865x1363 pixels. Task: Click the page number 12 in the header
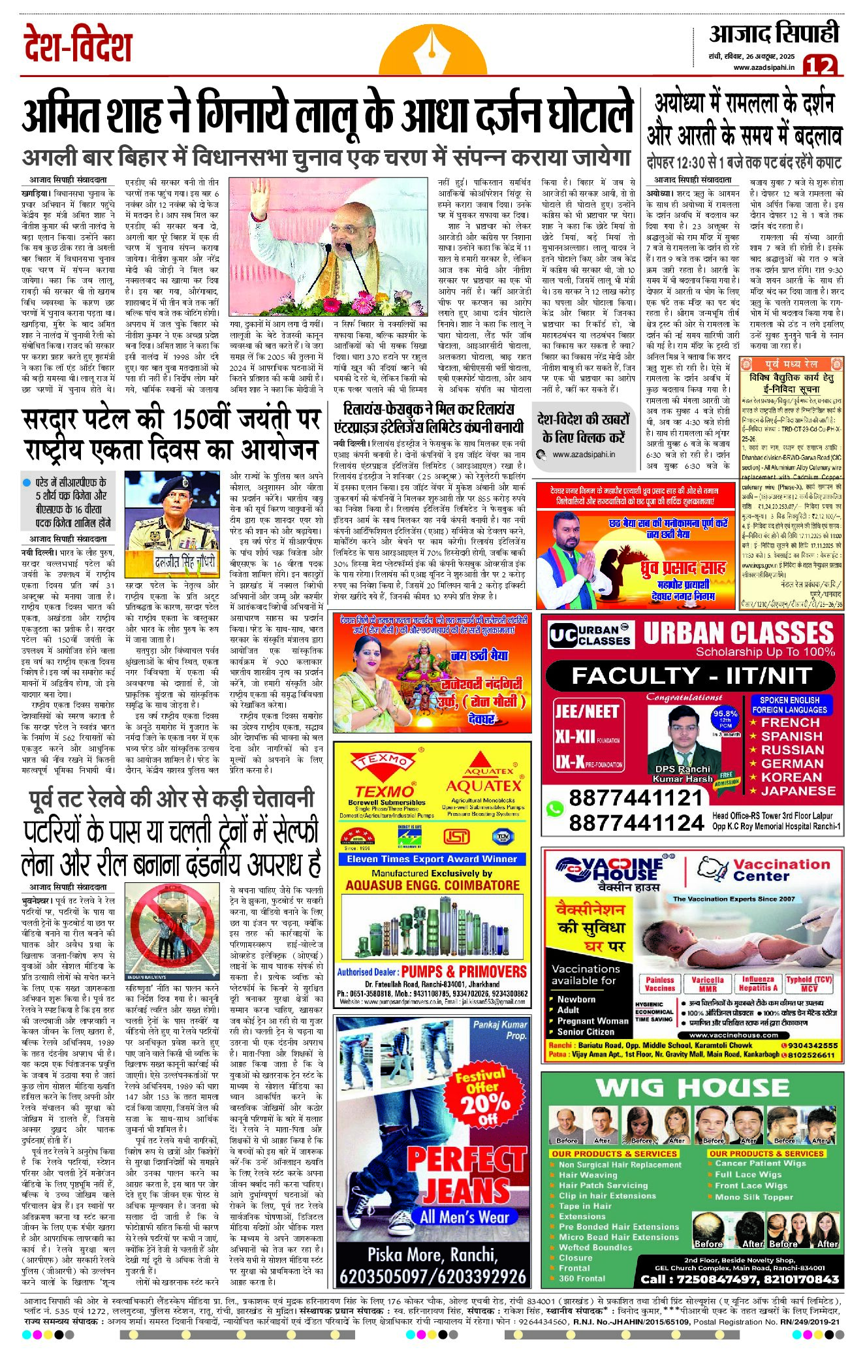pos(819,65)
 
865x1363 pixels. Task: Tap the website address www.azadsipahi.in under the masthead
pos(764,67)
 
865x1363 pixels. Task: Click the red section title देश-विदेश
pos(78,44)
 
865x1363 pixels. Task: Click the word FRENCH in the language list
pos(790,722)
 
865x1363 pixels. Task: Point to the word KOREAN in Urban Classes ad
pos(791,777)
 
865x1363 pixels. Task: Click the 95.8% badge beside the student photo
pos(725,718)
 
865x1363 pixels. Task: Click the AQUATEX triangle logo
pos(484,764)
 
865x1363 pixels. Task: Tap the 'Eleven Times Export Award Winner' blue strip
pos(432,859)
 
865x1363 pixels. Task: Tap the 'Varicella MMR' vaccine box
pos(708,984)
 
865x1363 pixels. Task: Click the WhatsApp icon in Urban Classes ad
pos(554,809)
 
